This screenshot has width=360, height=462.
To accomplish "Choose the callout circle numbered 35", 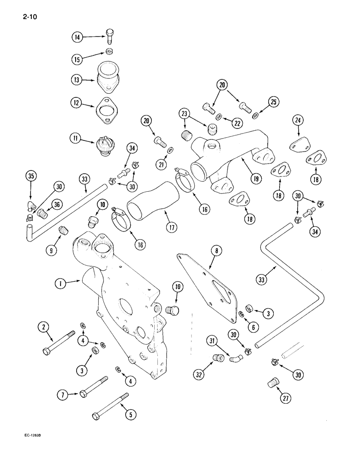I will [x=30, y=176].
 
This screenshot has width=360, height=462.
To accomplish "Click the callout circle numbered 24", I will [x=298, y=121].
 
